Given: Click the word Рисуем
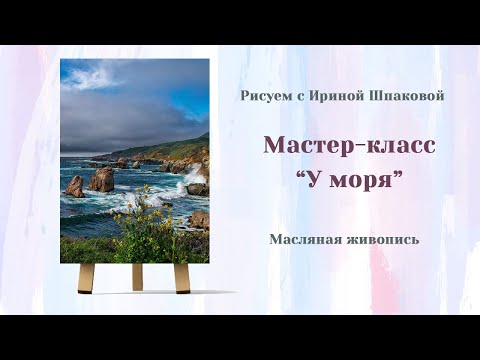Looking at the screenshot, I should (x=262, y=96).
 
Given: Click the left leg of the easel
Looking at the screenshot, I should (x=87, y=278).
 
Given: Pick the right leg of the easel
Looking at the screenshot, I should (x=182, y=278).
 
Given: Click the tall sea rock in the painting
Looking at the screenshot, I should (x=102, y=179).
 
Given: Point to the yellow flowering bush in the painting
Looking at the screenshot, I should (x=150, y=225).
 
